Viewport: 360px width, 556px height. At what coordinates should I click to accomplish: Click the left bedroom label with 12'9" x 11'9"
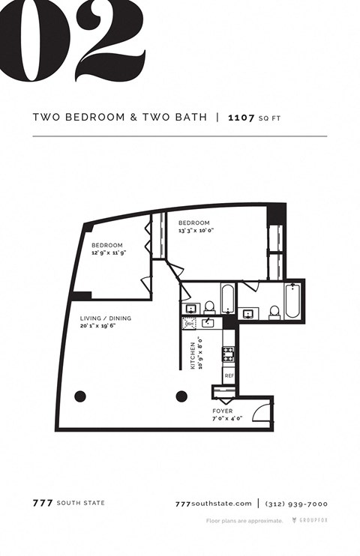click(x=107, y=250)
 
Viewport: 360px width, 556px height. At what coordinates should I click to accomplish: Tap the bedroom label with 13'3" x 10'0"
click(x=195, y=227)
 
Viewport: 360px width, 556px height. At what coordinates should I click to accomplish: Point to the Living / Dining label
click(x=106, y=322)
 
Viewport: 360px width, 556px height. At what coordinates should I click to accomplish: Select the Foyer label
click(x=222, y=414)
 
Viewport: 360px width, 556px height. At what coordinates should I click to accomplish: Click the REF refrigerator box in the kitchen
click(x=229, y=375)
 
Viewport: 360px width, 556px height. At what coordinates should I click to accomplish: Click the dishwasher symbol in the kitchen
click(x=189, y=323)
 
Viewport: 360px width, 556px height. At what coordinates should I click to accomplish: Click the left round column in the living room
click(x=79, y=396)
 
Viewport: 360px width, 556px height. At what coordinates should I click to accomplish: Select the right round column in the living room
click(x=181, y=396)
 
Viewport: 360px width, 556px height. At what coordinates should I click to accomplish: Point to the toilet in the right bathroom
click(x=274, y=311)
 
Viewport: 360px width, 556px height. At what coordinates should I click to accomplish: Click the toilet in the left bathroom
click(x=209, y=307)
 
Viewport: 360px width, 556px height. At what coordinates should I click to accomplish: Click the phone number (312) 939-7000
click(x=296, y=504)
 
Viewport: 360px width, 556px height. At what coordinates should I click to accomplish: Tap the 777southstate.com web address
click(x=212, y=504)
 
